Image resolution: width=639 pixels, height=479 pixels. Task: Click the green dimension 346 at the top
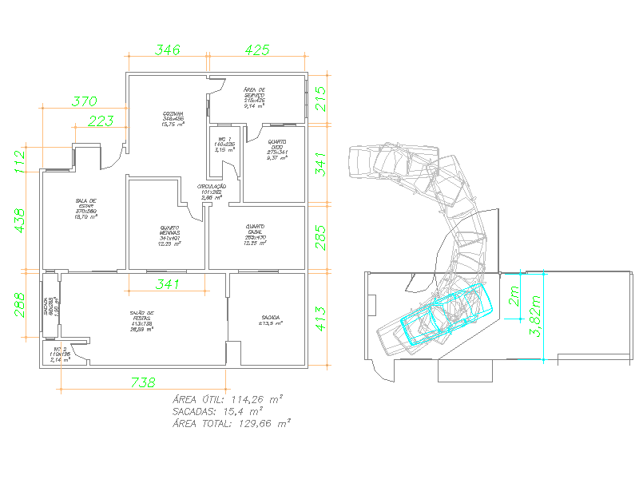click(167, 49)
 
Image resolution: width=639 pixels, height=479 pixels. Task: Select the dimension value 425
click(256, 49)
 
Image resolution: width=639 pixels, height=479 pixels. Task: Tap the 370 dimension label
click(85, 101)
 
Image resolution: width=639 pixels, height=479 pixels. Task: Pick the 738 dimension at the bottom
click(142, 382)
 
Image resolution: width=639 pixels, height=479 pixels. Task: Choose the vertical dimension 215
click(321, 99)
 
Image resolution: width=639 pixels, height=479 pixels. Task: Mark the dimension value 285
click(321, 237)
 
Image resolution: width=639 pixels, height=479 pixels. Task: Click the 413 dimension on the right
click(321, 319)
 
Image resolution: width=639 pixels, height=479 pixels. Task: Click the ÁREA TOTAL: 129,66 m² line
click(232, 425)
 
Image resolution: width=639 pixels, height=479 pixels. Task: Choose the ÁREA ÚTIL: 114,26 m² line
click(229, 398)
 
